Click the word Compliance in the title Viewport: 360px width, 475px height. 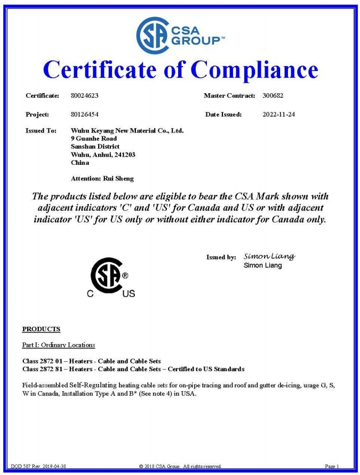tap(255, 70)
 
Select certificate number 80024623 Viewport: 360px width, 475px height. tap(85, 96)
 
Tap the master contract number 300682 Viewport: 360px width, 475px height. tap(273, 96)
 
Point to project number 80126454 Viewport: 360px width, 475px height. tap(85, 114)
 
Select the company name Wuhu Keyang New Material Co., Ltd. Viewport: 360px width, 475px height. tap(127, 130)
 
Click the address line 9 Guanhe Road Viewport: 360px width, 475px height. tap(94, 138)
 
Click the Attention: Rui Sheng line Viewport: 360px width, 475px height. tap(103, 179)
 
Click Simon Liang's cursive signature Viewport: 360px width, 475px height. tap(269, 256)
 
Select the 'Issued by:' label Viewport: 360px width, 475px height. tap(221, 257)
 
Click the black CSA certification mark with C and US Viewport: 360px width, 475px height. tap(110, 277)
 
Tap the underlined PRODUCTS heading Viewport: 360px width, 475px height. tap(41, 329)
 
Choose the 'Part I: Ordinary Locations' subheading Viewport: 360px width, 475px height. tap(58, 345)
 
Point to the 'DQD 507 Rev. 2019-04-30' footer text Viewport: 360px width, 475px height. tap(39, 466)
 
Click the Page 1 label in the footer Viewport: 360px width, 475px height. tap(332, 466)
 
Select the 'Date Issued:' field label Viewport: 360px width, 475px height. tap(223, 114)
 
